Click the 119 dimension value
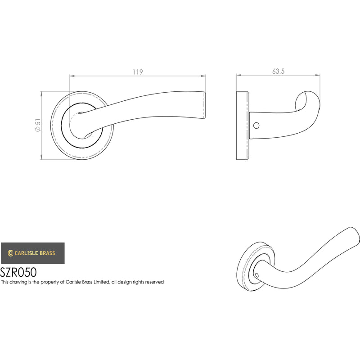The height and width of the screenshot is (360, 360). [x=138, y=72]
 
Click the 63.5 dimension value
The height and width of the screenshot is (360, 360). [x=278, y=72]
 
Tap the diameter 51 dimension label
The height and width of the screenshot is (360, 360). [x=38, y=125]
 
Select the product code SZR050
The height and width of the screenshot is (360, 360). [x=18, y=273]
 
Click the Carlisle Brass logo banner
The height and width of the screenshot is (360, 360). [x=33, y=253]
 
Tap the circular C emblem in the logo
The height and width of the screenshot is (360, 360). [x=10, y=253]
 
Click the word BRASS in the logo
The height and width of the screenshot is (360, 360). [x=48, y=253]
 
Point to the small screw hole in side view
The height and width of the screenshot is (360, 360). [x=256, y=126]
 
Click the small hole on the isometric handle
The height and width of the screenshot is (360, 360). [x=257, y=275]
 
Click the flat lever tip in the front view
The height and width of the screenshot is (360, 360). [x=204, y=106]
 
